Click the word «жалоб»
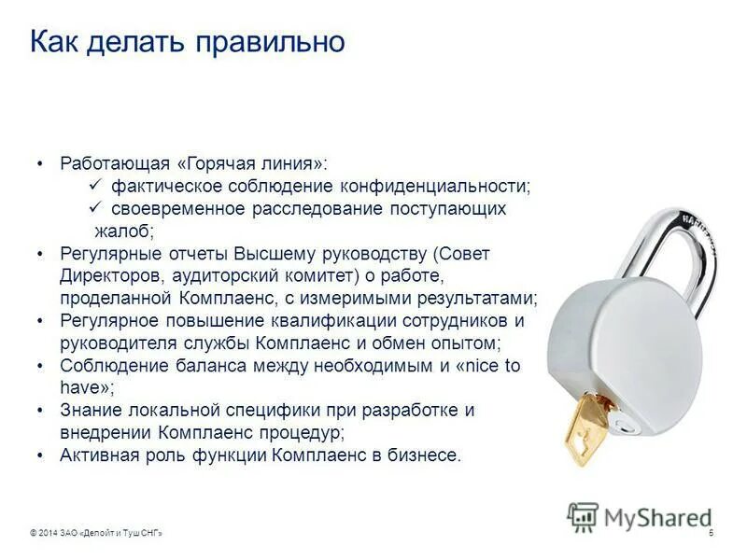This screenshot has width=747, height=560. click(123, 231)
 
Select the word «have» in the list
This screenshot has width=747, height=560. click(80, 388)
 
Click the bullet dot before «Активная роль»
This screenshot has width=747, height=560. click(40, 455)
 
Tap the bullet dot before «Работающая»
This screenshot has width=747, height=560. click(40, 163)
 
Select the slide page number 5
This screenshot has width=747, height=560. click(712, 532)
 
